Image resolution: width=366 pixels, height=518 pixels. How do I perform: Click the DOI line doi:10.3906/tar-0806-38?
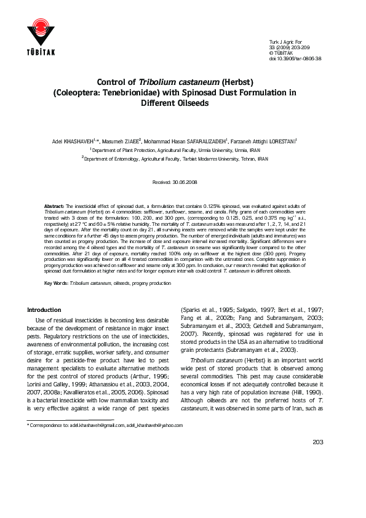[295, 58]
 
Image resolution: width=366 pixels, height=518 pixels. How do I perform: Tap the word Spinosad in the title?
[225, 93]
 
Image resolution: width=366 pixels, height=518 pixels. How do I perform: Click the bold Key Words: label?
[56, 283]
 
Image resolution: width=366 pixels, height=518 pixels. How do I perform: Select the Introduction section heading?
[44, 309]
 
